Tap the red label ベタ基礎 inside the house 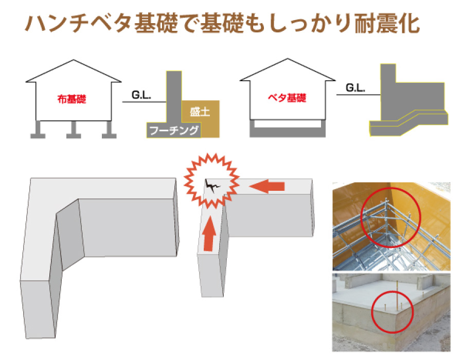point(287,98)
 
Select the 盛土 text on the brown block point(200,111)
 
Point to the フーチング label point(173,131)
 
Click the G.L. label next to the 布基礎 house point(140,95)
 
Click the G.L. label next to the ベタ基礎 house point(354,88)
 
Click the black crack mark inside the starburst point(212,185)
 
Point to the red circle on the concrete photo point(393,312)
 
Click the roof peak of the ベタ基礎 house point(287,61)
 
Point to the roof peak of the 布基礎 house point(74,61)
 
